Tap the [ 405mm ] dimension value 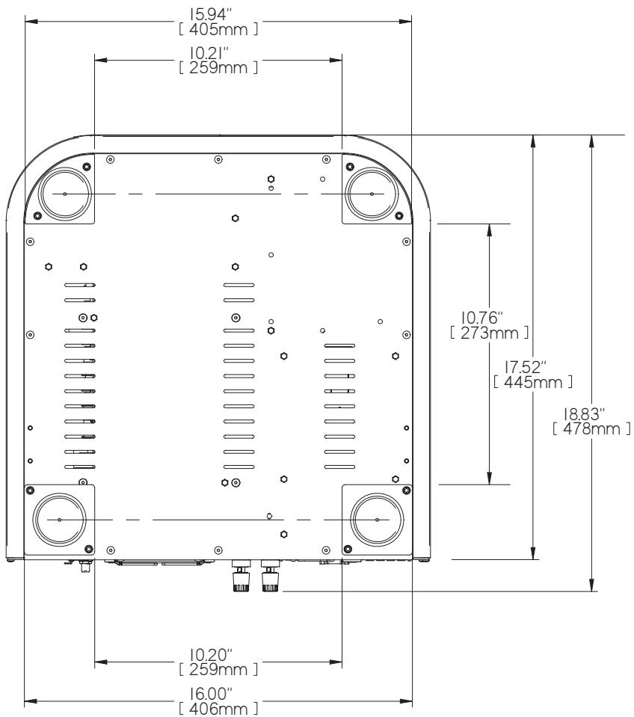coord(219,29)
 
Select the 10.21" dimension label coord(219,54)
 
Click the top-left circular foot coord(64,194)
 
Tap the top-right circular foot coord(373,194)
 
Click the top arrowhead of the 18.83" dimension coord(591,141)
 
